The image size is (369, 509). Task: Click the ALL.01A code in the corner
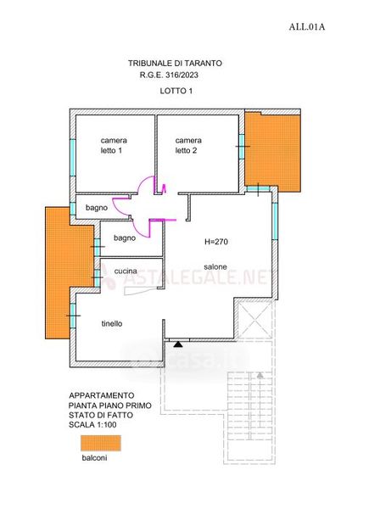[x=307, y=27]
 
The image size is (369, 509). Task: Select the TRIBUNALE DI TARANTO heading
[x=175, y=63]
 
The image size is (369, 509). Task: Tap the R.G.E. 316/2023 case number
[x=169, y=75]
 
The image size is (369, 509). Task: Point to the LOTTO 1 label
[x=176, y=92]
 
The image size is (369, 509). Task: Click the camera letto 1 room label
[x=114, y=145]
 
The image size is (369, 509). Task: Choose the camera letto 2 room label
[x=188, y=145]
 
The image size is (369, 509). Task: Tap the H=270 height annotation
[x=216, y=242]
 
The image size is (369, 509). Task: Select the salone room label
[x=215, y=267]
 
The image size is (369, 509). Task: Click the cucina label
[x=126, y=271]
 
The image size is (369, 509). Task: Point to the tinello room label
[x=112, y=324]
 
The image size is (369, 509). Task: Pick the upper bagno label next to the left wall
[x=97, y=208]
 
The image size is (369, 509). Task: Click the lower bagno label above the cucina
[x=125, y=238]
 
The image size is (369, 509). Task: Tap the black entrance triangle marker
[x=178, y=344]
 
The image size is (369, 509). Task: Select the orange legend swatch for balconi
[x=101, y=443]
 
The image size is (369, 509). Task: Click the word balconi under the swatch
[x=94, y=458]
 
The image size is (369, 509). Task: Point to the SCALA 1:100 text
[x=92, y=425]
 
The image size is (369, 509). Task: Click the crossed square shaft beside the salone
[x=254, y=320]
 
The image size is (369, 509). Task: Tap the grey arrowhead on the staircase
[x=260, y=375]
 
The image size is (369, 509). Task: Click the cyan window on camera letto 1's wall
[x=72, y=158]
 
